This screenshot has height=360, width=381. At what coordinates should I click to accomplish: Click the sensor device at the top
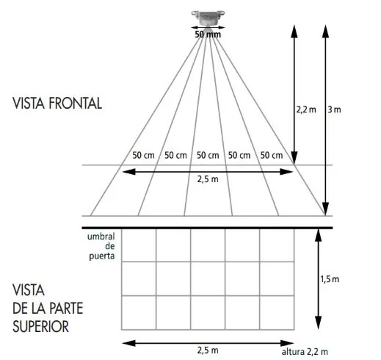208,18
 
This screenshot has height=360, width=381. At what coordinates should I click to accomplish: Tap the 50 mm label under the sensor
208,35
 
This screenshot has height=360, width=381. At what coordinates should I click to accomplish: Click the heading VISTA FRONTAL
57,103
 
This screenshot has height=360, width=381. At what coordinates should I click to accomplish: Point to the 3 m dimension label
334,109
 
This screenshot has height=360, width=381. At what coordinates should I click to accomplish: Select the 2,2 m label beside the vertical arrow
306,109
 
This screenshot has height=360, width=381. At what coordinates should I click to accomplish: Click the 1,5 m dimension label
330,279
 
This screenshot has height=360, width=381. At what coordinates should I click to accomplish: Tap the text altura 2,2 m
305,352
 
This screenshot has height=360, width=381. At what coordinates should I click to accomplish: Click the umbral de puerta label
101,246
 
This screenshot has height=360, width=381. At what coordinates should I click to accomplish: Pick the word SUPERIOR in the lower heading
40,326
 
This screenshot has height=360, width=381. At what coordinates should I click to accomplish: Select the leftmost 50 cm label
143,155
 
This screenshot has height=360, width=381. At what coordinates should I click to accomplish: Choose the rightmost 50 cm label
272,155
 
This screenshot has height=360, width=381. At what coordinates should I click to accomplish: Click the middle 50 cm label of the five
208,155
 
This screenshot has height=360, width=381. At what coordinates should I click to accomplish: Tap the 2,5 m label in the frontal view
208,179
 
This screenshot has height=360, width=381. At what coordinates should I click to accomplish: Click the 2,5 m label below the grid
208,350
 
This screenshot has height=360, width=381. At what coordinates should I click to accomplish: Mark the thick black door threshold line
207,228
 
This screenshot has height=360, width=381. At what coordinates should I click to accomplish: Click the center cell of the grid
208,278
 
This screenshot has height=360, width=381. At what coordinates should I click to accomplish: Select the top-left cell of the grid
139,245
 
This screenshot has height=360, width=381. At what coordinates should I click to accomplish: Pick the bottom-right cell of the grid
277,312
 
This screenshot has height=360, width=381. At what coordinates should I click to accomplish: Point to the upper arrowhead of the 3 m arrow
325,31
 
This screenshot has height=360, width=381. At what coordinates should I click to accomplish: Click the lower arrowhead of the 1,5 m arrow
318,323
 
